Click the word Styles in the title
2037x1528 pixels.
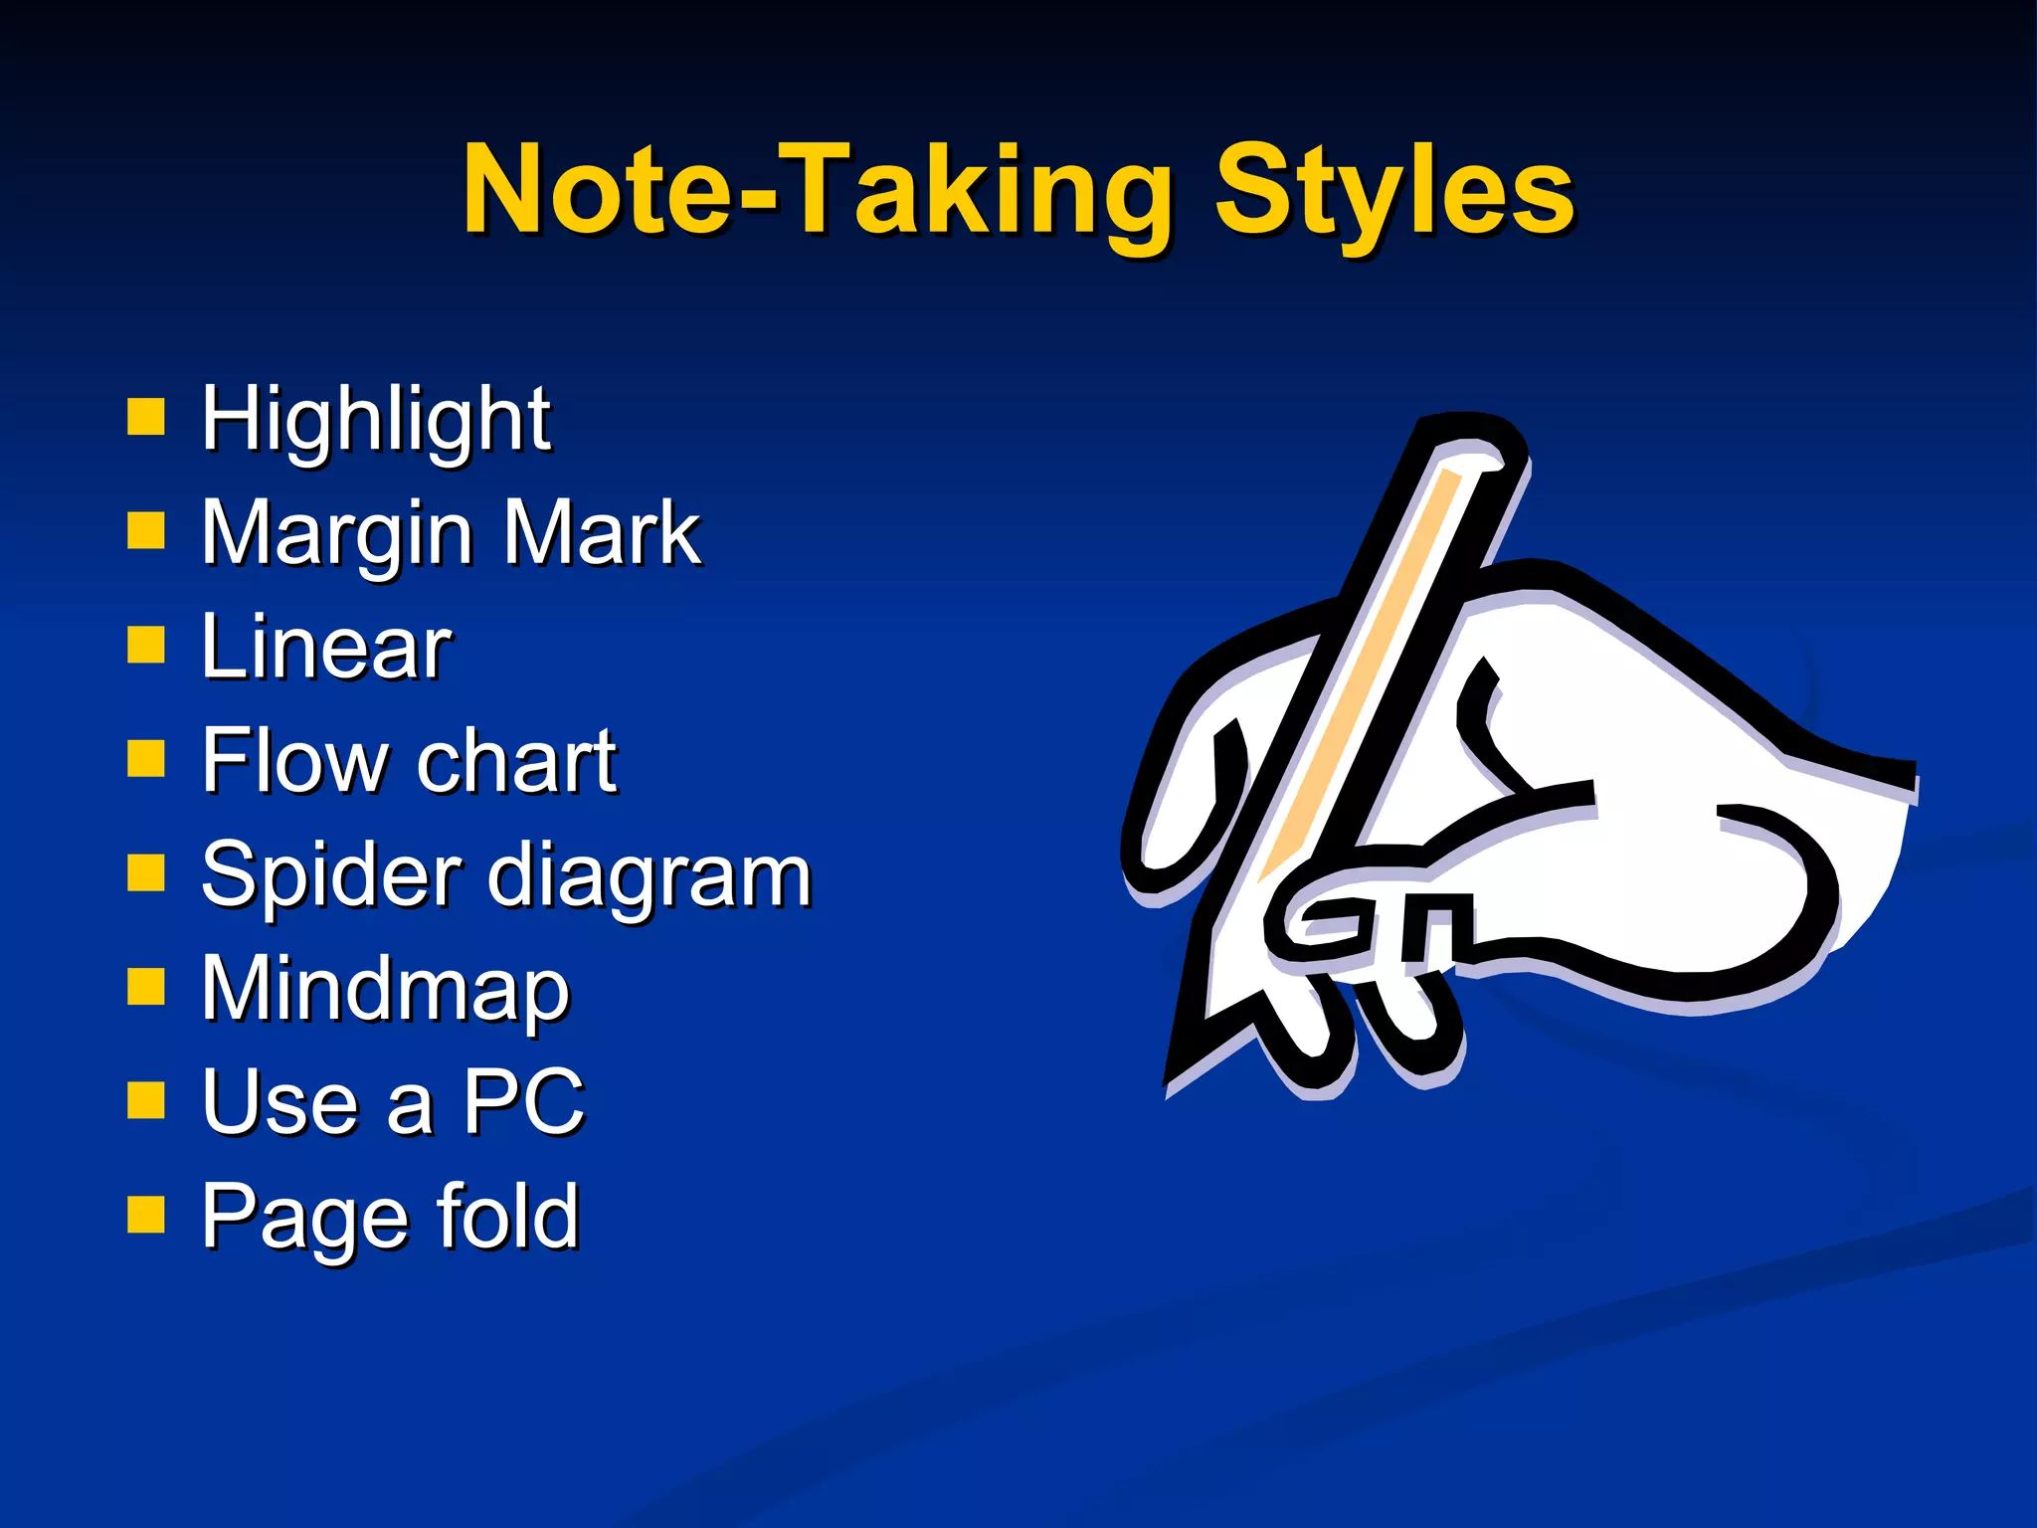1394,191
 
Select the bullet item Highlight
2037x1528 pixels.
375,420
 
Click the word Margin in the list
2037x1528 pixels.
337,535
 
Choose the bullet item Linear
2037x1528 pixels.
326,648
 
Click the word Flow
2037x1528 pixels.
293,761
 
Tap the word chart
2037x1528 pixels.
517,761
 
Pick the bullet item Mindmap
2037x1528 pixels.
385,990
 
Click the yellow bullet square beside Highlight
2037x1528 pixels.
146,419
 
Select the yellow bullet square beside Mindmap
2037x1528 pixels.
146,989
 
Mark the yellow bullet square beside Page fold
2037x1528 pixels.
146,1215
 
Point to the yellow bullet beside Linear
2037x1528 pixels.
146,647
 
